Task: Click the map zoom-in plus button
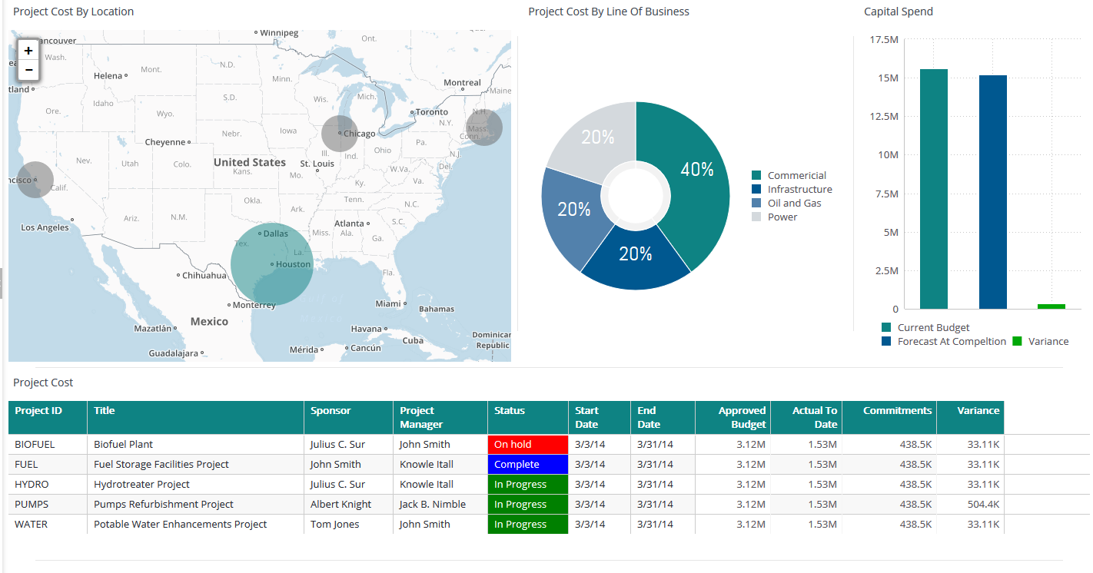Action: click(28, 51)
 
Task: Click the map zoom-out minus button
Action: click(28, 70)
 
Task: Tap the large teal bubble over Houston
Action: click(272, 265)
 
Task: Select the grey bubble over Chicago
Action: click(339, 134)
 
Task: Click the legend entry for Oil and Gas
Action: click(794, 204)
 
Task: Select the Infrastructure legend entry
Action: click(799, 190)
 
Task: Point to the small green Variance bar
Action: click(1051, 306)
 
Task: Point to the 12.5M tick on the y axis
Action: click(883, 117)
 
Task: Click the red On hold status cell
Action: click(527, 445)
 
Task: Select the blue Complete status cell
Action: click(527, 465)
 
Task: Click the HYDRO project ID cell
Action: click(32, 485)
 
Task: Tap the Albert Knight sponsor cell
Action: click(341, 505)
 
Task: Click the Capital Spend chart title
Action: click(898, 12)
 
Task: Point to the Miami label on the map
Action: click(389, 303)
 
